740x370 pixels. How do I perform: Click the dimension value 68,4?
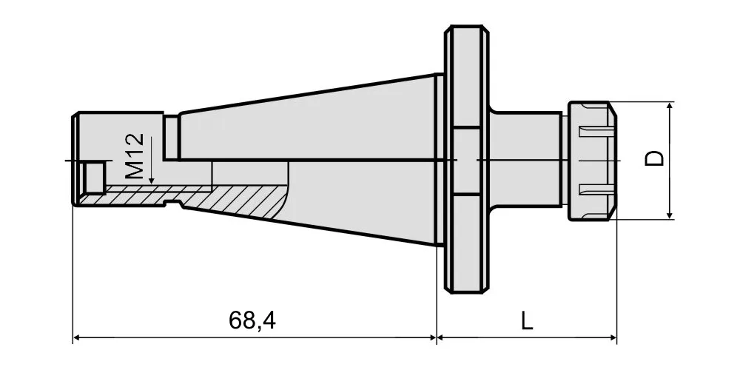click(252, 321)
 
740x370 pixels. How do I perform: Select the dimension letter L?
click(527, 321)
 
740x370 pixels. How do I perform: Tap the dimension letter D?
click(654, 158)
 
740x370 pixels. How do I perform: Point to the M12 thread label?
click(135, 155)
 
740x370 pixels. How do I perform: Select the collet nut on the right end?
click(592, 161)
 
